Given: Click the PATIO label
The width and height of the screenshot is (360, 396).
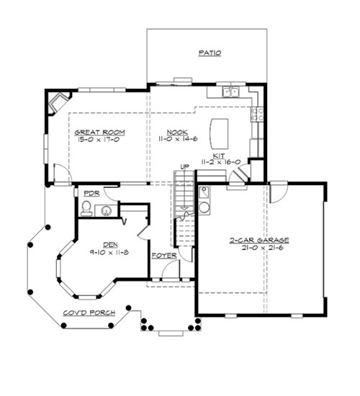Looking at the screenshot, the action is click(210, 53).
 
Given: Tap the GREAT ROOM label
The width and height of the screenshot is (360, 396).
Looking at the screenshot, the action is click(99, 132).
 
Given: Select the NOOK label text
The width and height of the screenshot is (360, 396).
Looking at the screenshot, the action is click(177, 132).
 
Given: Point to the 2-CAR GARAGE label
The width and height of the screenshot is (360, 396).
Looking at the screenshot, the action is click(259, 240).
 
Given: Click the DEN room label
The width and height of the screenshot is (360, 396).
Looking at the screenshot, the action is click(110, 245).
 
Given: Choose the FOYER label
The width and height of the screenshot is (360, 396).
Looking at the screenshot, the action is click(164, 256).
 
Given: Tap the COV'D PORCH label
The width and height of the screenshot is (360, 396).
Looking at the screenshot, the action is click(89, 313).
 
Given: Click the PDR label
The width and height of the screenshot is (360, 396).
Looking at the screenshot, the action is click(91, 194).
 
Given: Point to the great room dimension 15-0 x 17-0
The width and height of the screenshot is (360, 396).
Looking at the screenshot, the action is click(99, 140).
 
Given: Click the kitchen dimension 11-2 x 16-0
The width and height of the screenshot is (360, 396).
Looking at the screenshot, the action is click(221, 162).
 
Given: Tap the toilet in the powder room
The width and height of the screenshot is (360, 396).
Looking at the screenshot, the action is click(86, 208).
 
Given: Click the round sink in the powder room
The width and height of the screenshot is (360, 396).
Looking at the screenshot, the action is click(107, 211).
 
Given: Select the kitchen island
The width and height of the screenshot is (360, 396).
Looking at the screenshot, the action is click(219, 134).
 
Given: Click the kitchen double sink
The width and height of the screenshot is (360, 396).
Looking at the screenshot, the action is click(231, 91).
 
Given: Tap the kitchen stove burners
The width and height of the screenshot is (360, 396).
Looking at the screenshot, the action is click(258, 114).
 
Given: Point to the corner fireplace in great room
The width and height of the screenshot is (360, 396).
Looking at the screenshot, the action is click(58, 103).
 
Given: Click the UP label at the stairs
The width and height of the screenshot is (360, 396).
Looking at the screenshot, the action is click(184, 167).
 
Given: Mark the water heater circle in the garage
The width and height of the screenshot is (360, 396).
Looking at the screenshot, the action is click(204, 207).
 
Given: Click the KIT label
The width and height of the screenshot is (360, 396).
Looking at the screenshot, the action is click(219, 156).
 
